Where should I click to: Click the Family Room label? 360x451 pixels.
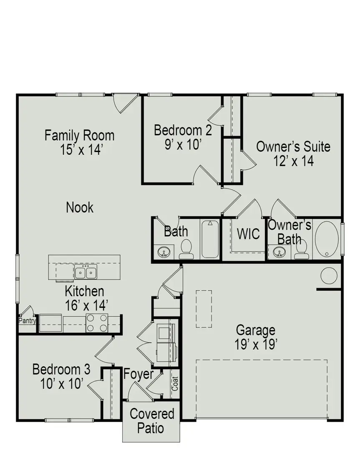point(80,135)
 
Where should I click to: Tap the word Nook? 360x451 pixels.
point(80,208)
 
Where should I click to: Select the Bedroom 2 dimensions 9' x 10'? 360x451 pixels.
point(182,144)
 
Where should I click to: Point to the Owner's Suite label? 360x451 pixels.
point(293,147)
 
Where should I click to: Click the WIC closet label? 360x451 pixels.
point(249,234)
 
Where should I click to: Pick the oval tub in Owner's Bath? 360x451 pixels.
point(327,239)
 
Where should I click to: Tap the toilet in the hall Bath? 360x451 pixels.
point(186,249)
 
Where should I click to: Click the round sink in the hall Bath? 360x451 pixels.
point(164,252)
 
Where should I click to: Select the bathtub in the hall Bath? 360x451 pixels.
point(210,239)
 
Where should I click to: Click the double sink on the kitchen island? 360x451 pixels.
point(86,272)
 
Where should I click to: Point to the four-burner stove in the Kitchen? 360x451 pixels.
point(97,323)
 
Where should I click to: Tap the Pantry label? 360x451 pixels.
point(27,320)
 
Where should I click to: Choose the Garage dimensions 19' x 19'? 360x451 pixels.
point(256,344)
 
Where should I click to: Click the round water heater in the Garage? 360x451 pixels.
point(329,276)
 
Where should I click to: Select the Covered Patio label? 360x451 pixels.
point(152,421)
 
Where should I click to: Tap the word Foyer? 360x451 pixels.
point(138,375)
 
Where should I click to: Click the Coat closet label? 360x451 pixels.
point(175,384)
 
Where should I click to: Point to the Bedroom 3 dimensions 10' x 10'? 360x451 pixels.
point(61,384)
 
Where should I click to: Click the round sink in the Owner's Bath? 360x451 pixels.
point(279,252)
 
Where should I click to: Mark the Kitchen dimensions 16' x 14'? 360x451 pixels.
point(86,305)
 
